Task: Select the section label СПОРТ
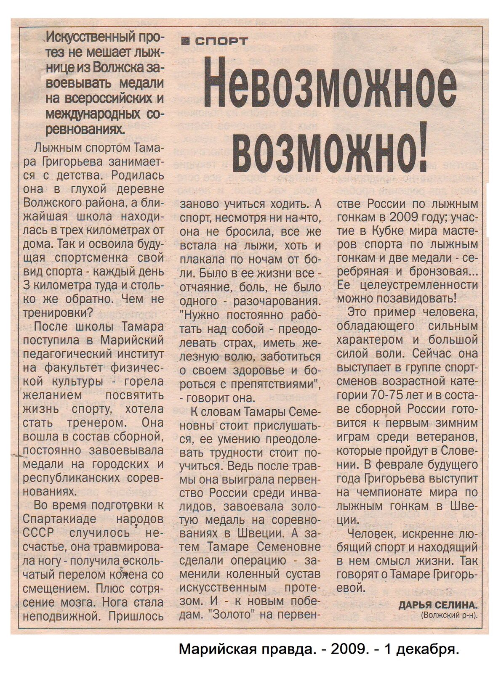[222, 40]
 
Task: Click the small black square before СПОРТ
[184, 40]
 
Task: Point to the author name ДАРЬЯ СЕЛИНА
[438, 605]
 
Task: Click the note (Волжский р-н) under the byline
[450, 616]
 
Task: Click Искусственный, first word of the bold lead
[91, 38]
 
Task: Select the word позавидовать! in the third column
[414, 298]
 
